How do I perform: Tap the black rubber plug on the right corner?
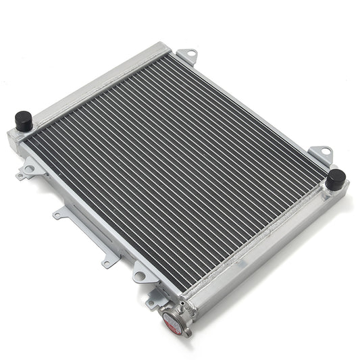(x=335, y=180)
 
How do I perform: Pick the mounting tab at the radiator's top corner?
(x=187, y=55)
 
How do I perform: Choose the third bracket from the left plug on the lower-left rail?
(x=108, y=259)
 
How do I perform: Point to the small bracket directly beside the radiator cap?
(x=153, y=301)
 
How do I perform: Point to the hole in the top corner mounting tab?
(x=190, y=52)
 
